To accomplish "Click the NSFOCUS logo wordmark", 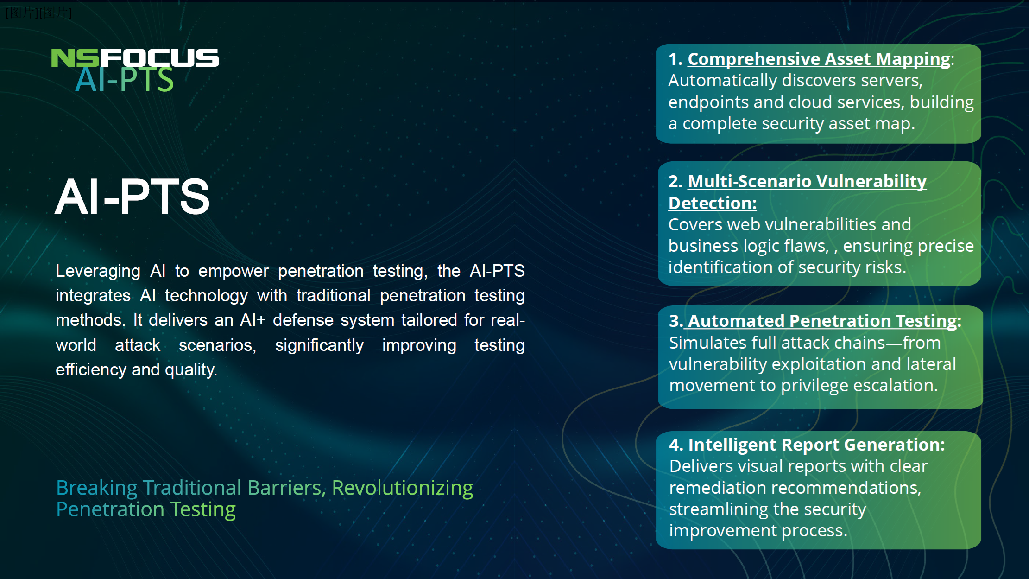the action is [x=135, y=58].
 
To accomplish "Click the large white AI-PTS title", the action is [x=133, y=197].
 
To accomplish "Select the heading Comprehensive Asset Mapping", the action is [x=819, y=59].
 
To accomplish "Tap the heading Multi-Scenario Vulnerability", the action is [x=807, y=181].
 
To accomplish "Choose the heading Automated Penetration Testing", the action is [x=822, y=321].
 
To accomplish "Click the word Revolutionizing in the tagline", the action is [x=402, y=488].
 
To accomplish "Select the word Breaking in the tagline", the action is [x=97, y=488].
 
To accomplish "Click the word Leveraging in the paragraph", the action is [x=98, y=271].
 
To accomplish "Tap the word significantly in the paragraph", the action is [x=319, y=345].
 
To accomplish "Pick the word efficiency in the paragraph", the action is [x=91, y=370].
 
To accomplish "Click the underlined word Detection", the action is [x=712, y=203].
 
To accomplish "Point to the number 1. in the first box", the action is [x=675, y=59].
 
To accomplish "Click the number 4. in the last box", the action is [x=676, y=445].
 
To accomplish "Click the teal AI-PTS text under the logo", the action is [x=124, y=80].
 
